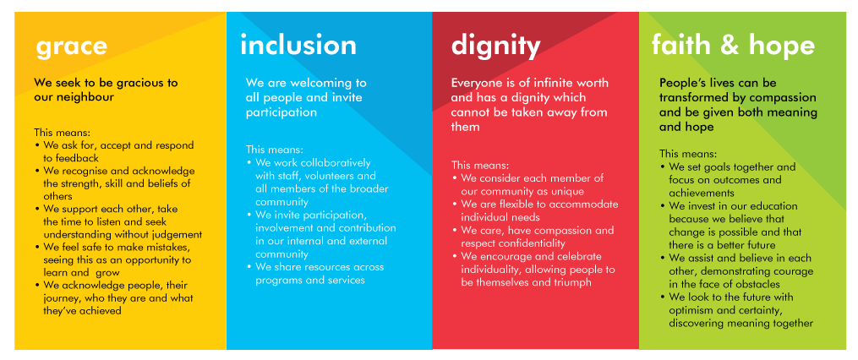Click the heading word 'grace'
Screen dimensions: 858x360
tap(72, 47)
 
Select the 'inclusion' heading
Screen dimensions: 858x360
tap(298, 45)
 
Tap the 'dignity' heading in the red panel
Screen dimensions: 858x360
tap(495, 47)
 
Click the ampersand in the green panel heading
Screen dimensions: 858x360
tap(729, 46)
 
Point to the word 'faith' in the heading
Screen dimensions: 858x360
tap(680, 45)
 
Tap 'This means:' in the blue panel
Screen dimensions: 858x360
tap(274, 150)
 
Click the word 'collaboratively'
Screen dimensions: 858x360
tap(327, 163)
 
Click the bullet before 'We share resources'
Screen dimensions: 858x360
tap(249, 268)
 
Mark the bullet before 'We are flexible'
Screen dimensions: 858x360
tap(455, 205)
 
